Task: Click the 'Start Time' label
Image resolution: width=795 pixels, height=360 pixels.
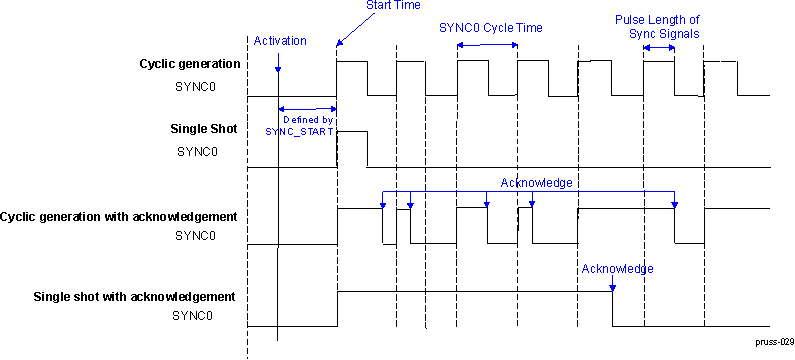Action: [x=393, y=6]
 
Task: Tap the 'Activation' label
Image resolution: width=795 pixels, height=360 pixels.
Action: [x=280, y=41]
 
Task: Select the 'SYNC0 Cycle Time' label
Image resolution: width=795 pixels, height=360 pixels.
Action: [x=490, y=28]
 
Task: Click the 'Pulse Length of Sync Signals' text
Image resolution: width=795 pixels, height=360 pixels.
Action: [x=656, y=27]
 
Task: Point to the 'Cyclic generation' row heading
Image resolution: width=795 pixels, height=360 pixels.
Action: [x=190, y=64]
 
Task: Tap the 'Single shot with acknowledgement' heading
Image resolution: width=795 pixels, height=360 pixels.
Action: [x=134, y=296]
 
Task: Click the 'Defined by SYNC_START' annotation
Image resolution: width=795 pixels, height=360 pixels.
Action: [x=300, y=125]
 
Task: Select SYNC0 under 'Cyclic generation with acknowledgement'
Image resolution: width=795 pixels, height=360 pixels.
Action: [x=195, y=236]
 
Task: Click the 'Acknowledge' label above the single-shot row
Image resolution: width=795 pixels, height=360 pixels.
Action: [x=616, y=269]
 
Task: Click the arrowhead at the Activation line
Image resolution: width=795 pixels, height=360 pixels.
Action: [x=278, y=69]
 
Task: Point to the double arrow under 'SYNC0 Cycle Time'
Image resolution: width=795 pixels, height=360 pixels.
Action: [x=487, y=45]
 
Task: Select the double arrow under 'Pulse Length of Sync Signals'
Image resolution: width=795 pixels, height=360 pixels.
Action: [x=658, y=47]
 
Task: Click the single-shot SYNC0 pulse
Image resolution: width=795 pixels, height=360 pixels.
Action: [x=352, y=148]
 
